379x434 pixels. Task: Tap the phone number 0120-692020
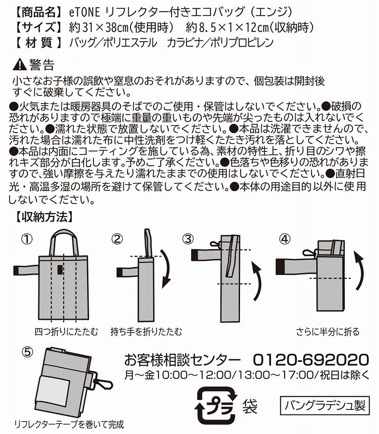[311, 360]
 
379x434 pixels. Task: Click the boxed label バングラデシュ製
[325, 404]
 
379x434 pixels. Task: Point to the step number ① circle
[28, 239]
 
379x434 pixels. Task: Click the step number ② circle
[118, 239]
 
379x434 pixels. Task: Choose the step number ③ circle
[188, 239]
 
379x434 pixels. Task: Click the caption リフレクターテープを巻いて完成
[69, 424]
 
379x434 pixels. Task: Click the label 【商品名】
[33, 10]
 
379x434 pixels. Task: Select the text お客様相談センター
[182, 360]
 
